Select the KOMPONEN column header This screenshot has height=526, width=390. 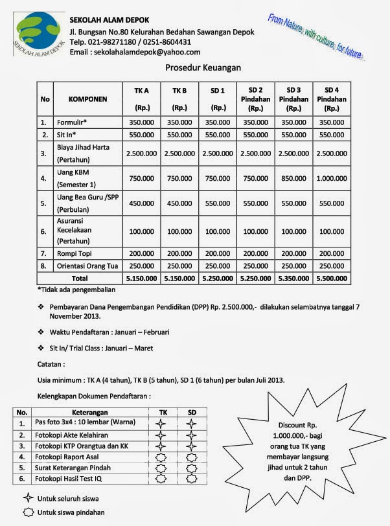87,100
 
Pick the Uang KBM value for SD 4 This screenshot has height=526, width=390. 332,177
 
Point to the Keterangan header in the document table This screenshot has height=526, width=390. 90,412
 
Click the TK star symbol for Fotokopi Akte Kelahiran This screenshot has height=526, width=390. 162,435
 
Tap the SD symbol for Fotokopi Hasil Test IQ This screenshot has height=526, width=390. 192,479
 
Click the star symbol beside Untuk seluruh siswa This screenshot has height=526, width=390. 28,499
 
